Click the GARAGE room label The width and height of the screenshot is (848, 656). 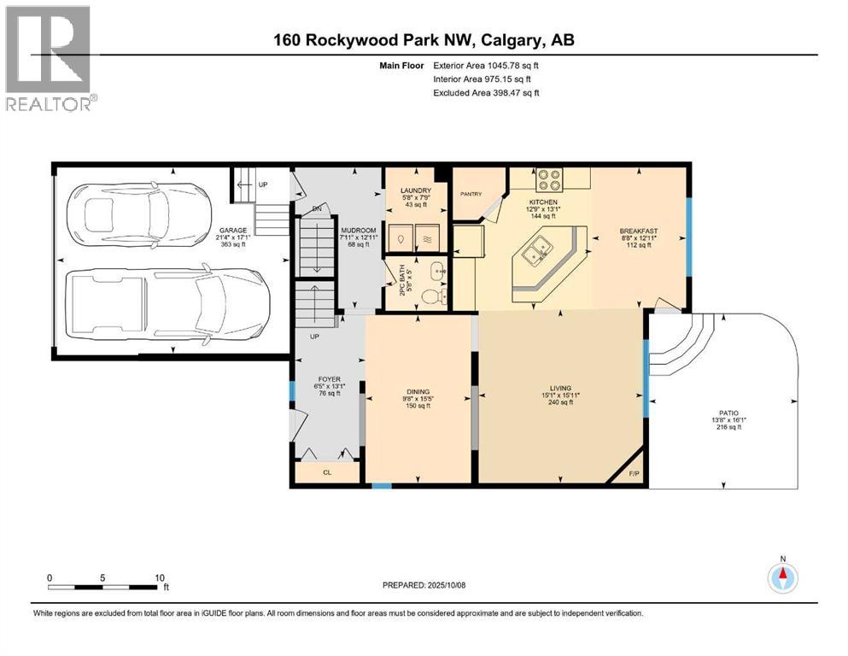[232, 230]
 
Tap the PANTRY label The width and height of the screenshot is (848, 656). [473, 194]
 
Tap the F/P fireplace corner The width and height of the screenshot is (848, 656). [633, 472]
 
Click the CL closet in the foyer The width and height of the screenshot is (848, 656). [327, 471]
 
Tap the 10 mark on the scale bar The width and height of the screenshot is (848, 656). [159, 577]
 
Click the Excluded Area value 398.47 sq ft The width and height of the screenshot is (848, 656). [486, 92]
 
